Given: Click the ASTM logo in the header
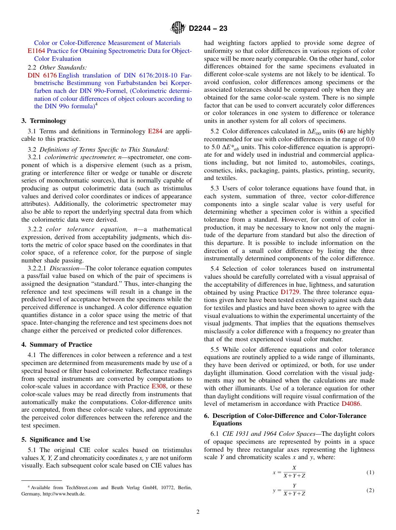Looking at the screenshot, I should (x=178, y=28).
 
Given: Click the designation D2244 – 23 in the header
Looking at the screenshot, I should (x=208, y=28).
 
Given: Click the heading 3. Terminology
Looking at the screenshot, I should (x=44, y=121).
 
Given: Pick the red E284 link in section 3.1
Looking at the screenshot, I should (x=155, y=131).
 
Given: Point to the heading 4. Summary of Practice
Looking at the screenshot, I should (x=57, y=345).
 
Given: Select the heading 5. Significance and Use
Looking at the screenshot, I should (x=56, y=440).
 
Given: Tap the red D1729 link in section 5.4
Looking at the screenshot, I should (x=290, y=292).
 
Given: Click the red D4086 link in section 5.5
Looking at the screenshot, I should (x=351, y=404).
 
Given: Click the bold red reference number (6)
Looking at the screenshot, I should (x=341, y=131).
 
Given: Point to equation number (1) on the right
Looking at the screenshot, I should (x=370, y=472).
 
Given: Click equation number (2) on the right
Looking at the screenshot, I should (x=370, y=490).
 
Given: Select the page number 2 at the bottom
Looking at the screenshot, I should (x=198, y=512).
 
